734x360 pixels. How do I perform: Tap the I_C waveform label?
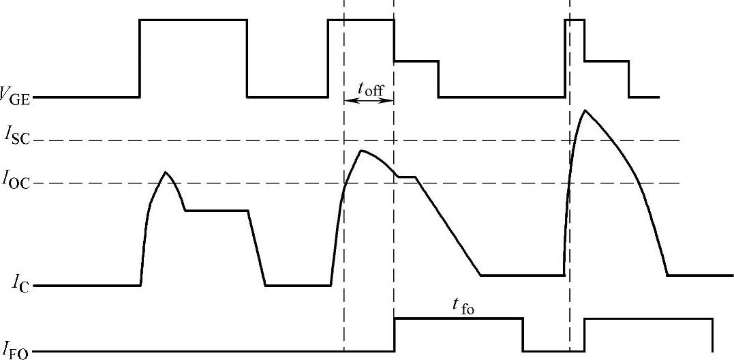click(x=19, y=286)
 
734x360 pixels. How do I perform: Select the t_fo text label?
click(x=462, y=308)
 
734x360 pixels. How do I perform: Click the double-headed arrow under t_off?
click(x=369, y=101)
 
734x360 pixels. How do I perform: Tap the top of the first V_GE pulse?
click(x=193, y=20)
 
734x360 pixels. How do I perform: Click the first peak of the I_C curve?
click(x=165, y=172)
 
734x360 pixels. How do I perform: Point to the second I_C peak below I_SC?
click(x=363, y=151)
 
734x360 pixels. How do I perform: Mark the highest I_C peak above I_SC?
click(x=583, y=110)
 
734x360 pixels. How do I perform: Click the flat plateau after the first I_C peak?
click(x=217, y=211)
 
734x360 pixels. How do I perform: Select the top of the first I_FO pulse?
click(x=458, y=318)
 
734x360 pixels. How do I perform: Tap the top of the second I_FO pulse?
click(x=648, y=318)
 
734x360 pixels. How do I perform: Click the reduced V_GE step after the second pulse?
click(x=416, y=61)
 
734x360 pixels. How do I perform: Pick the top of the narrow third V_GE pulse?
click(x=575, y=20)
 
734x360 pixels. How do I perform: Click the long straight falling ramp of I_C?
click(x=448, y=226)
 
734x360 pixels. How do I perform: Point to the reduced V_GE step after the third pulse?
click(x=606, y=61)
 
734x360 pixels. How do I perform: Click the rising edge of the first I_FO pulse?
click(x=394, y=335)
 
